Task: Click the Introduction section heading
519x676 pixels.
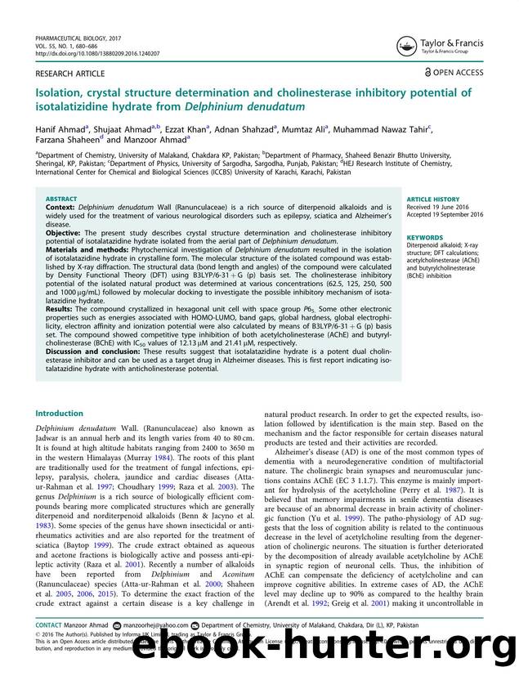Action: click(59, 414)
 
